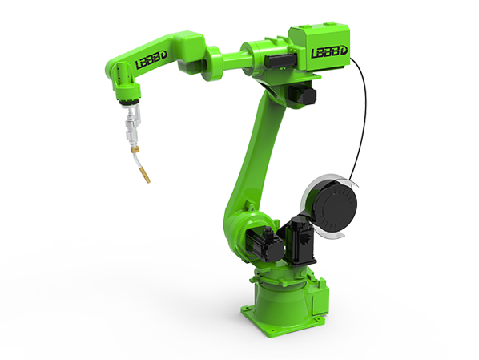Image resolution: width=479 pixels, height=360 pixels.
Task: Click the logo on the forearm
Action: (151, 60)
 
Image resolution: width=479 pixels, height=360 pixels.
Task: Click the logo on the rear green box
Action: (329, 52)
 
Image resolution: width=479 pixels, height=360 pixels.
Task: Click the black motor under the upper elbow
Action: (302, 95)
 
